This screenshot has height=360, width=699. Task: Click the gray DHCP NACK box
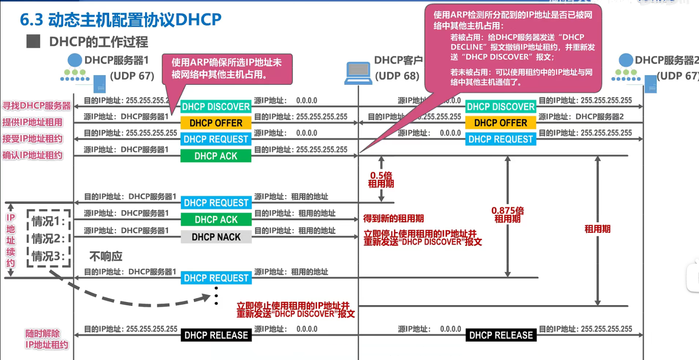pos(216,237)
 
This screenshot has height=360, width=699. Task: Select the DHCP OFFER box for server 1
pos(216,123)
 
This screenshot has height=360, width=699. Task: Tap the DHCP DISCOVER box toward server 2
pos(501,107)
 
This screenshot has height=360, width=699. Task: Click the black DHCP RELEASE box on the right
pos(501,335)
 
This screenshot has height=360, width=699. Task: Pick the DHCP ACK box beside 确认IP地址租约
pos(216,156)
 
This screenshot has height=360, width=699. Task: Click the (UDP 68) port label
pos(397,76)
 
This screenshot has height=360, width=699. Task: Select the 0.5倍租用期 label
pos(381,180)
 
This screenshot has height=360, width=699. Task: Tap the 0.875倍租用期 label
pos(508,215)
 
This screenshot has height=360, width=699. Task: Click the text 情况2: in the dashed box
pos(49,239)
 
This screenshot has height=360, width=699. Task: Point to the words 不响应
pos(106,257)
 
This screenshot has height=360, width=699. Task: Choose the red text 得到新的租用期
pos(393,218)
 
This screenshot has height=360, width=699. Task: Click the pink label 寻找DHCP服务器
pos(37,106)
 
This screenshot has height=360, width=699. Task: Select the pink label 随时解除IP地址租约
pos(46,339)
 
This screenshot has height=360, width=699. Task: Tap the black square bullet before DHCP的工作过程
pos(33,42)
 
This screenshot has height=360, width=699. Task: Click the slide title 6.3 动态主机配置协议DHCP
pos(121,20)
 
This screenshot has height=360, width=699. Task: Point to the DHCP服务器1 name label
pos(116,60)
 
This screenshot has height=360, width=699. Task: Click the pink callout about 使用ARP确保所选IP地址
pos(227,68)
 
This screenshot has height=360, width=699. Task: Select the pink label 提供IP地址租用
pos(33,122)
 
